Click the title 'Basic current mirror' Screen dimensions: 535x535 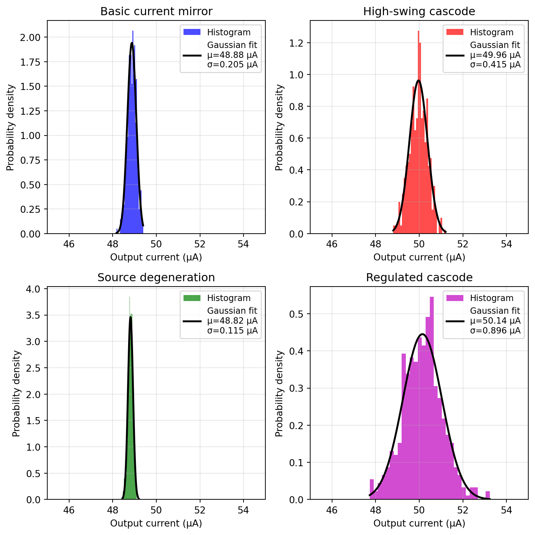coord(156,12)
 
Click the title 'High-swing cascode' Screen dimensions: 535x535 coord(419,12)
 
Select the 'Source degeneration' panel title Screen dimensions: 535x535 coord(156,278)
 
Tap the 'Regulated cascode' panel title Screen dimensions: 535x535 coord(419,278)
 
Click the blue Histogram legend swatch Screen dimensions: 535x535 coord(192,32)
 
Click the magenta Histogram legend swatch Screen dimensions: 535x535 coord(455,298)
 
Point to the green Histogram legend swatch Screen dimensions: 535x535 coord(192,298)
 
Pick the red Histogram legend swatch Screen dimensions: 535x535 coord(455,32)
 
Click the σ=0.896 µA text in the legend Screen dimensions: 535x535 coord(495,331)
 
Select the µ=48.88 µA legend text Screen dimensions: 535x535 coord(232,55)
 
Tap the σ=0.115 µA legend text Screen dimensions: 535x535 coord(232,331)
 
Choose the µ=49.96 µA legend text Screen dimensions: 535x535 coord(495,55)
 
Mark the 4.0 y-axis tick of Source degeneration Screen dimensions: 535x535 coord(34,289)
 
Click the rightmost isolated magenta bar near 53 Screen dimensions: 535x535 coord(487,495)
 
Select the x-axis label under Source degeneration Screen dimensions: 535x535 coord(156,523)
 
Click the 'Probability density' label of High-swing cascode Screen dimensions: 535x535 coord(279,127)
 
